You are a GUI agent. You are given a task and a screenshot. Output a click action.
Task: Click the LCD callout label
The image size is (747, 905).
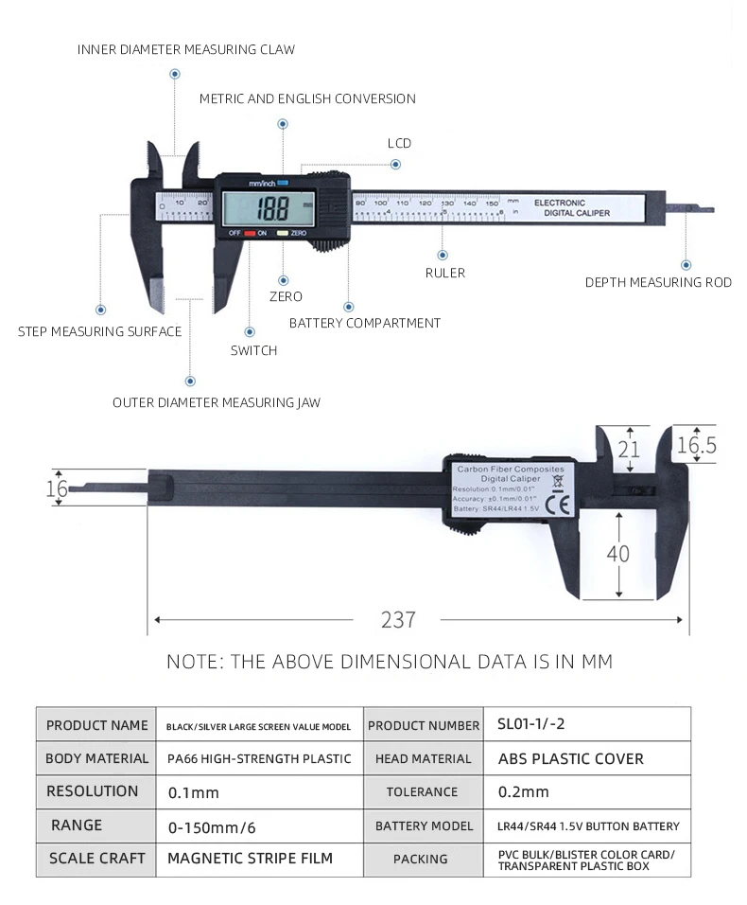(399, 143)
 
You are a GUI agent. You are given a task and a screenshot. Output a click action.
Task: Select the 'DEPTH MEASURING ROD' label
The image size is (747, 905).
(658, 282)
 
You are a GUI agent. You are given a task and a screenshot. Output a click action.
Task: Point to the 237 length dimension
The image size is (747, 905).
(398, 620)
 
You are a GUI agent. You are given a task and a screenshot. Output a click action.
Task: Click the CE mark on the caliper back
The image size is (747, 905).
(561, 506)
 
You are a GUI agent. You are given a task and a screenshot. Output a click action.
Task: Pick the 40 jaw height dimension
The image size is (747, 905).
(617, 553)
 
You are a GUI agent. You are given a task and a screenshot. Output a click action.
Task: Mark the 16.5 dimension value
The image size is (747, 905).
(696, 445)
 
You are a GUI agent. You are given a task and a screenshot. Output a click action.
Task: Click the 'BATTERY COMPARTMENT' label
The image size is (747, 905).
(365, 323)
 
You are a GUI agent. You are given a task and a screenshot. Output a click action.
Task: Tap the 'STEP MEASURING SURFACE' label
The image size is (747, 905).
(99, 331)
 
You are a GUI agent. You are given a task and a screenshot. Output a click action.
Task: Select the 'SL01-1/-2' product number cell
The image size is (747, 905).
(531, 724)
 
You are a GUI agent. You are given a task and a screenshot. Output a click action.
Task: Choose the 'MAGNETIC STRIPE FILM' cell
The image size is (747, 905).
(251, 859)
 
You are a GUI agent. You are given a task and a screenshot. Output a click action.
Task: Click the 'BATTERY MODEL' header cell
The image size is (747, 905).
(424, 825)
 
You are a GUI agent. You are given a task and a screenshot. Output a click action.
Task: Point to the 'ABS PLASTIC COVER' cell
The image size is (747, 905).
(570, 758)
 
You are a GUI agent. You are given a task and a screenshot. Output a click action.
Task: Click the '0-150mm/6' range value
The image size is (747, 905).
(212, 826)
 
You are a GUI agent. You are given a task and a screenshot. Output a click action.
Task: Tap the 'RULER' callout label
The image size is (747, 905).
(444, 273)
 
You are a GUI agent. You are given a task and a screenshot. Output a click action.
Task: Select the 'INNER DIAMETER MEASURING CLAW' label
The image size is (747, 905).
(186, 49)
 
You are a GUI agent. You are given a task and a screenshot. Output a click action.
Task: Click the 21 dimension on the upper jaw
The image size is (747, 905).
(629, 448)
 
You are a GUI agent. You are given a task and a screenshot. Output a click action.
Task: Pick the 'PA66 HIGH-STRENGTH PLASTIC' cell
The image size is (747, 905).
(259, 758)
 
